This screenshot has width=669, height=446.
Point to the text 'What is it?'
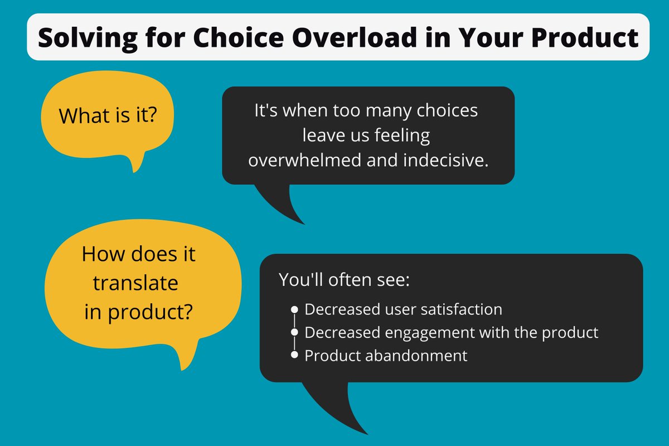point(108,116)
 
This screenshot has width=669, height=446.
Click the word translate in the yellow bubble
point(135,284)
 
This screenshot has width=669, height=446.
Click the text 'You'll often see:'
point(345,279)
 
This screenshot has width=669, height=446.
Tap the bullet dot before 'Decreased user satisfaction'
point(294,309)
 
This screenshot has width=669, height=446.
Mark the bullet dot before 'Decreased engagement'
point(294,332)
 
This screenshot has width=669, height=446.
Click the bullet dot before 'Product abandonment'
point(294,356)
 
